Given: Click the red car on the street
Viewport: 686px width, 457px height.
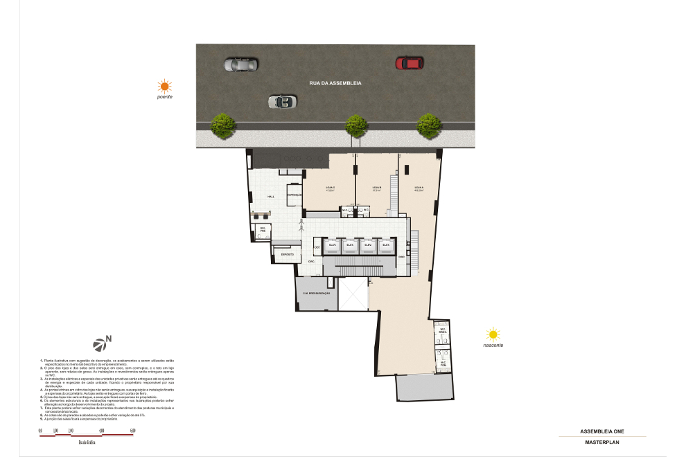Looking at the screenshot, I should (x=409, y=63).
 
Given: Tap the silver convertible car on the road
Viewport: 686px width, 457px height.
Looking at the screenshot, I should (x=282, y=102).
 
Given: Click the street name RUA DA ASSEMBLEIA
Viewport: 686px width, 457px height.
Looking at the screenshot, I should (x=335, y=83).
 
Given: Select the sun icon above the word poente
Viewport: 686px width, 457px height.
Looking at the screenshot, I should (x=164, y=87).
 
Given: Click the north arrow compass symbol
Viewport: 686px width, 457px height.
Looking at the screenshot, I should (x=102, y=343).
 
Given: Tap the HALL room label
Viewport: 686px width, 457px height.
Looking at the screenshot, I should (x=271, y=197).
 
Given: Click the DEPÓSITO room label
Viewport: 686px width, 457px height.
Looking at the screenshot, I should (x=287, y=255).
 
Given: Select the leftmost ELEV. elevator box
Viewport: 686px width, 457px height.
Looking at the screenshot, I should (x=333, y=246).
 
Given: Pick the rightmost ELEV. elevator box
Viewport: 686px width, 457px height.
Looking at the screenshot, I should (x=385, y=246).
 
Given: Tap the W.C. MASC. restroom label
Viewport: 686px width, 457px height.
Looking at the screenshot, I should (x=442, y=332).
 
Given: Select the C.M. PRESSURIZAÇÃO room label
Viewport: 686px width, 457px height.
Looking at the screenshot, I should (x=315, y=294).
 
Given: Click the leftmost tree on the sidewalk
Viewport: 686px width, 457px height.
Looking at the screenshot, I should (x=222, y=125).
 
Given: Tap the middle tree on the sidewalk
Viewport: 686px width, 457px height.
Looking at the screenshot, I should (x=356, y=125).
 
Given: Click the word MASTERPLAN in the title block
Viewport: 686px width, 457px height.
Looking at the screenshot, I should (x=601, y=441).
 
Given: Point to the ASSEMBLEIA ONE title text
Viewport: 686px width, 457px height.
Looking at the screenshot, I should (x=601, y=431).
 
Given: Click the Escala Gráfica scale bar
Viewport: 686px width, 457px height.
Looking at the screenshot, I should (x=86, y=431).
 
